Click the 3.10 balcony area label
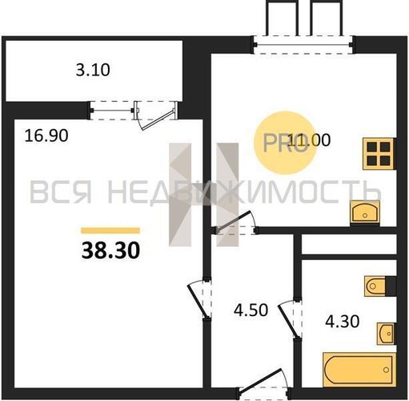coord(93,70)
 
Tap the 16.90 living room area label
coord(46,136)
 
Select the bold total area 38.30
coord(110,250)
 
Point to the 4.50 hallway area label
coord(251,310)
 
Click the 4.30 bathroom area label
coord(343,321)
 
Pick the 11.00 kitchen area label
coord(310,140)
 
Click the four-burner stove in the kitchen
coord(379,154)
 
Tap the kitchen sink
coord(365,213)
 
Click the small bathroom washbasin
coord(386,334)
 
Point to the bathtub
coord(359,370)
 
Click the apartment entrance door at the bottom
coord(260,381)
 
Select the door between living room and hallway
coord(198,299)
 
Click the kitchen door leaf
coord(233,221)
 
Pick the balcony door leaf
coord(158,120)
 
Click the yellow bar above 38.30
coord(110,230)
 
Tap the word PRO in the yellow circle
coord(285,144)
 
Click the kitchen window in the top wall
coord(303,46)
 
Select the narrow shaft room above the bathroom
coord(349,245)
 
